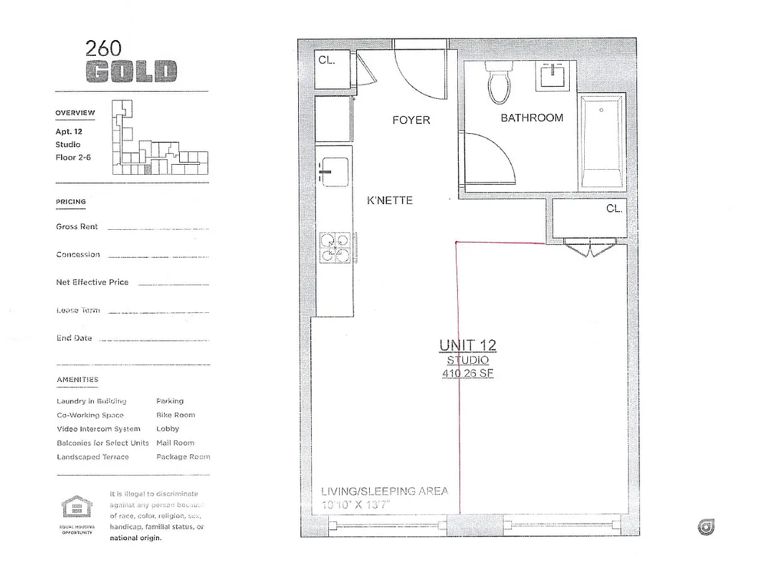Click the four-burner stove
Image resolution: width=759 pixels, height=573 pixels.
[335, 248]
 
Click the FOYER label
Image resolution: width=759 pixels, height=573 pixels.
[411, 120]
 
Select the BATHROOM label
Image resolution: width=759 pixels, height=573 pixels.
[532, 117]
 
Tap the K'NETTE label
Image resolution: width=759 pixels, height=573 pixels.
[390, 201]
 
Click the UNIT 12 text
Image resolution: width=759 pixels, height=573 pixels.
[467, 346]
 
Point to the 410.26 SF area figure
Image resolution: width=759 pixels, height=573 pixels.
[468, 373]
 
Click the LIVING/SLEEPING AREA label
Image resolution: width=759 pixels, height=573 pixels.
[384, 491]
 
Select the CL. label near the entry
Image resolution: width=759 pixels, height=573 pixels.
[327, 61]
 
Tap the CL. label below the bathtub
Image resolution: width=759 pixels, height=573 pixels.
[614, 208]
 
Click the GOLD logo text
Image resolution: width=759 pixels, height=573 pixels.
[130, 71]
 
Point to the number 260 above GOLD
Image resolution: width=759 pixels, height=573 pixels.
[103, 49]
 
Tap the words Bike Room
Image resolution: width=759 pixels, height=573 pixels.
[176, 415]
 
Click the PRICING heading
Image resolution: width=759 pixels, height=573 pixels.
[71, 202]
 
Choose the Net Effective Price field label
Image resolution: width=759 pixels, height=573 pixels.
[92, 282]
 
